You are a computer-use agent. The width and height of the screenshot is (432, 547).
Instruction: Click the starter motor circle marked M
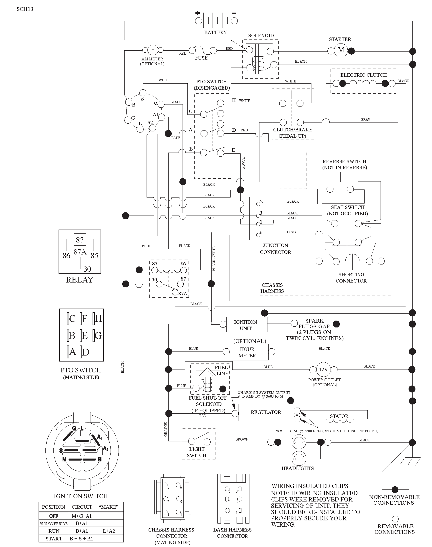(341, 50)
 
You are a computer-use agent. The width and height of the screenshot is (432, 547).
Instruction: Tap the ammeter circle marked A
(153, 50)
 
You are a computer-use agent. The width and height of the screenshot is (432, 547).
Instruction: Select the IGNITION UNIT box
(247, 324)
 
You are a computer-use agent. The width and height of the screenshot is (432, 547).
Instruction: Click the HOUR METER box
(249, 352)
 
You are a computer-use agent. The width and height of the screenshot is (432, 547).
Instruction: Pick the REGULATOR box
(266, 412)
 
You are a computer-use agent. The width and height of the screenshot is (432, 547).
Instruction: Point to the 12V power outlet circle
(323, 370)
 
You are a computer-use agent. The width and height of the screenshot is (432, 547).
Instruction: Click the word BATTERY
(215, 32)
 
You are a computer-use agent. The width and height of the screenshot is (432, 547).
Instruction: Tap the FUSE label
(201, 58)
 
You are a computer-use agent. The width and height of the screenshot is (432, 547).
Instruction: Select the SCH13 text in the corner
(25, 9)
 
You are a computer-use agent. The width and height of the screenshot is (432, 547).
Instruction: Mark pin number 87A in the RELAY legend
(80, 252)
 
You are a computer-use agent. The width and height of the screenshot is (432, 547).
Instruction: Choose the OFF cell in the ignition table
(54, 516)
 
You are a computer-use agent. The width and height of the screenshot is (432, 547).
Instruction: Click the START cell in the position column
(54, 539)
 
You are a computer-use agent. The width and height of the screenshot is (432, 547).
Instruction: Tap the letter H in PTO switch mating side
(99, 318)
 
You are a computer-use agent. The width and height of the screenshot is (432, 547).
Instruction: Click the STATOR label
(339, 416)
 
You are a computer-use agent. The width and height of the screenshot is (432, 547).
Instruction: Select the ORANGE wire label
(165, 430)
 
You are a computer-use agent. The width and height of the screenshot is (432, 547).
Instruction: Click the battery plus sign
(197, 13)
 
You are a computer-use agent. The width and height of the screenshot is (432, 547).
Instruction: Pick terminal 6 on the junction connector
(258, 235)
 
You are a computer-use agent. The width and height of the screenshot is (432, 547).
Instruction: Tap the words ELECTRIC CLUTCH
(363, 75)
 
